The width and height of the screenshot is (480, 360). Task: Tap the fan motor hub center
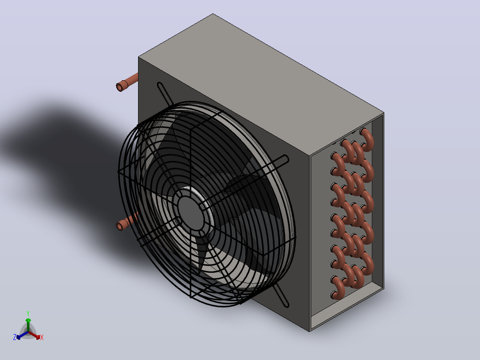click(x=191, y=213)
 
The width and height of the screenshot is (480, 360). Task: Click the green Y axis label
click(x=28, y=314)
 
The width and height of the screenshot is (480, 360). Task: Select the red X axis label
click(x=42, y=337)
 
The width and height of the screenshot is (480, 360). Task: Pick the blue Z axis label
click(x=15, y=337)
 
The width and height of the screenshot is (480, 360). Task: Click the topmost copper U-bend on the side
click(x=367, y=140)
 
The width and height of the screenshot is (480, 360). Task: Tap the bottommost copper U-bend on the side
click(x=338, y=288)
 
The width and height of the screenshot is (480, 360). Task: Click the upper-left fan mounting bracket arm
click(x=165, y=94)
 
